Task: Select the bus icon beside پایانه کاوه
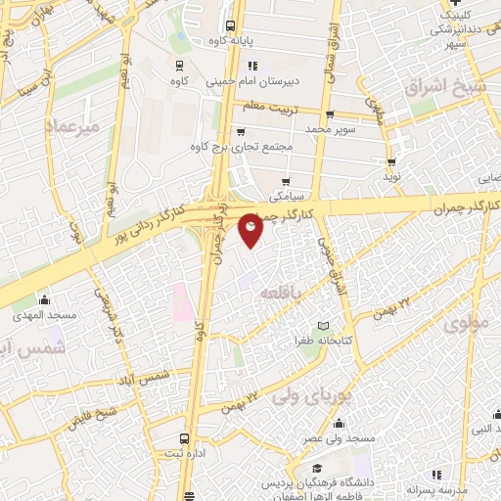click(229, 26)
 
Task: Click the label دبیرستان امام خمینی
click(248, 84)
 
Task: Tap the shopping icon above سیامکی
click(286, 181)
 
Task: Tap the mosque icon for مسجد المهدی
click(43, 299)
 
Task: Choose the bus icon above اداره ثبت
click(185, 438)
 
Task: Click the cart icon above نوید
click(392, 162)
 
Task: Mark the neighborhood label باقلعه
click(285, 292)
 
